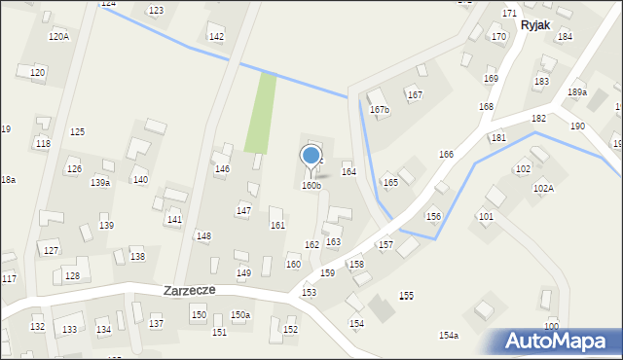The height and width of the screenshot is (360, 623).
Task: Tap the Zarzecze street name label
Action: pos(189,290)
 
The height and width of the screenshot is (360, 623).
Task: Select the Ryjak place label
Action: pos(537,25)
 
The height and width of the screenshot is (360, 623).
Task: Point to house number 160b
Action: pos(311,185)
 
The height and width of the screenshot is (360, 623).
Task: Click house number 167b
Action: pos(379,109)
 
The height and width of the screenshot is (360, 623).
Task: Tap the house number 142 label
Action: pos(216,37)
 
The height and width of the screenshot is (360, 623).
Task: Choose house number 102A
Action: pos(543,188)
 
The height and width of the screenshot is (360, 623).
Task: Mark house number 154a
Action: pos(449,335)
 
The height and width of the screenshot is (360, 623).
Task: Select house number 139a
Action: pos(100,182)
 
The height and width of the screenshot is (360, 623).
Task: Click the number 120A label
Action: pos(58,36)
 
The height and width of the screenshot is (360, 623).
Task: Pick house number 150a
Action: pos(240,314)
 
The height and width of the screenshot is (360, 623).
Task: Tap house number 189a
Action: pos(577,92)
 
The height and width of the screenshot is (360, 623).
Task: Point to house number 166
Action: pos(446,155)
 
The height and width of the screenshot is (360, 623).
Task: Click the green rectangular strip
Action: pos(260,113)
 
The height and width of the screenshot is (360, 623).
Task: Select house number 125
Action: pos(77,131)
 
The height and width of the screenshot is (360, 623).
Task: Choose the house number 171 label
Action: pos(509,13)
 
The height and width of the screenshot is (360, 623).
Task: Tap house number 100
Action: pos(551,325)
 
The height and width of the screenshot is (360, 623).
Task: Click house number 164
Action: pos(348,171)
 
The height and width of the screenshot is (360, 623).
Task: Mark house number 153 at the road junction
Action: pos(309,292)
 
